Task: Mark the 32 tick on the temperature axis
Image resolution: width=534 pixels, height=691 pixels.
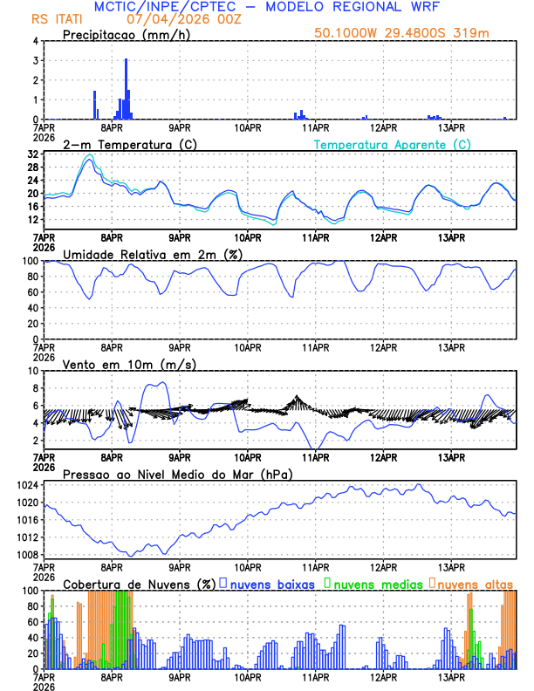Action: pyautogui.click(x=32, y=154)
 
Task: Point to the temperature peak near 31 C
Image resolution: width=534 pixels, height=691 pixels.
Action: pyautogui.click(x=88, y=156)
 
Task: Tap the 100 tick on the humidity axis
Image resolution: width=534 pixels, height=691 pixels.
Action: pyautogui.click(x=29, y=261)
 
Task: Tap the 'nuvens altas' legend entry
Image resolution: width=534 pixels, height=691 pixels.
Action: pyautogui.click(x=476, y=583)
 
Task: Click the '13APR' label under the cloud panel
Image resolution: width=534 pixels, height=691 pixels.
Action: pyautogui.click(x=450, y=677)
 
